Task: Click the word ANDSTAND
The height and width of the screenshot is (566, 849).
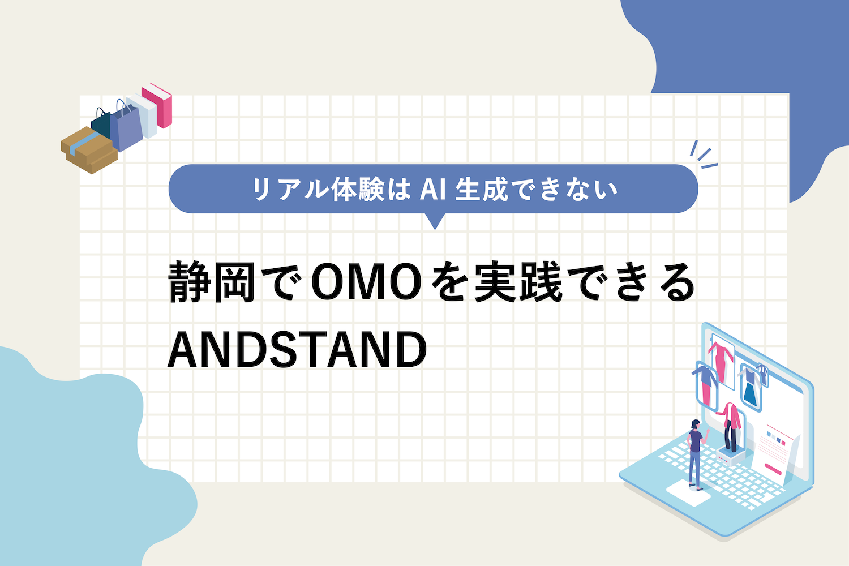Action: tap(298, 349)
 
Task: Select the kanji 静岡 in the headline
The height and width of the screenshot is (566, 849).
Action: tap(212, 283)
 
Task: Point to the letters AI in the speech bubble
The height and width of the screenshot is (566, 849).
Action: tap(432, 190)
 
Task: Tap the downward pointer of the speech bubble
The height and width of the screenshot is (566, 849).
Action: tap(435, 221)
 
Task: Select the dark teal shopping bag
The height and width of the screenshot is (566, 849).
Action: tap(101, 123)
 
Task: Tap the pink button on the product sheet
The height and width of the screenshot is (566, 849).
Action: tap(773, 469)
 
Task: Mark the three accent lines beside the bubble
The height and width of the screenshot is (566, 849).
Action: tap(704, 155)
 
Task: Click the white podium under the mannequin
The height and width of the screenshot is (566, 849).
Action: tap(730, 456)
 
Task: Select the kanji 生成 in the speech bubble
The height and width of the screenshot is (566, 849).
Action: tap(482, 190)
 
